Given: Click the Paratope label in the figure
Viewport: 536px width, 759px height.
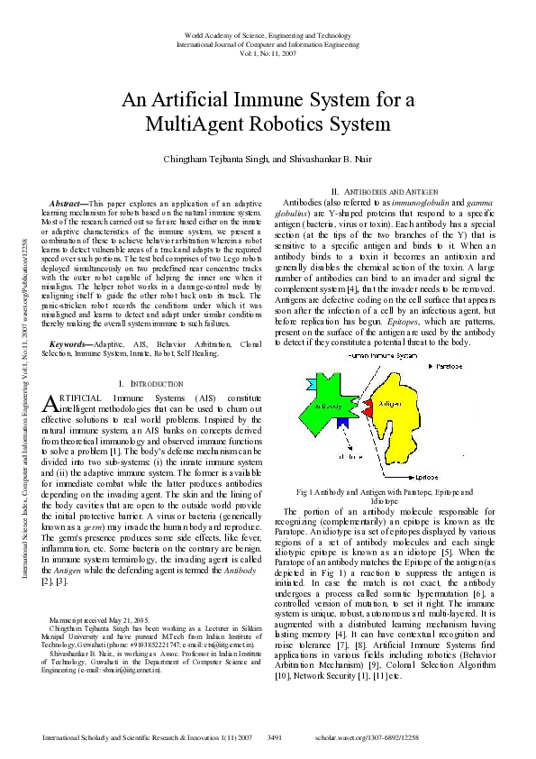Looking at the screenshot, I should [448, 368].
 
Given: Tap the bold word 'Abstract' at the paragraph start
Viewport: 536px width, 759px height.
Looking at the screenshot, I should [68, 205].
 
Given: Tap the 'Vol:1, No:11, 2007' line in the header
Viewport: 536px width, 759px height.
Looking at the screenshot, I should [268, 52].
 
